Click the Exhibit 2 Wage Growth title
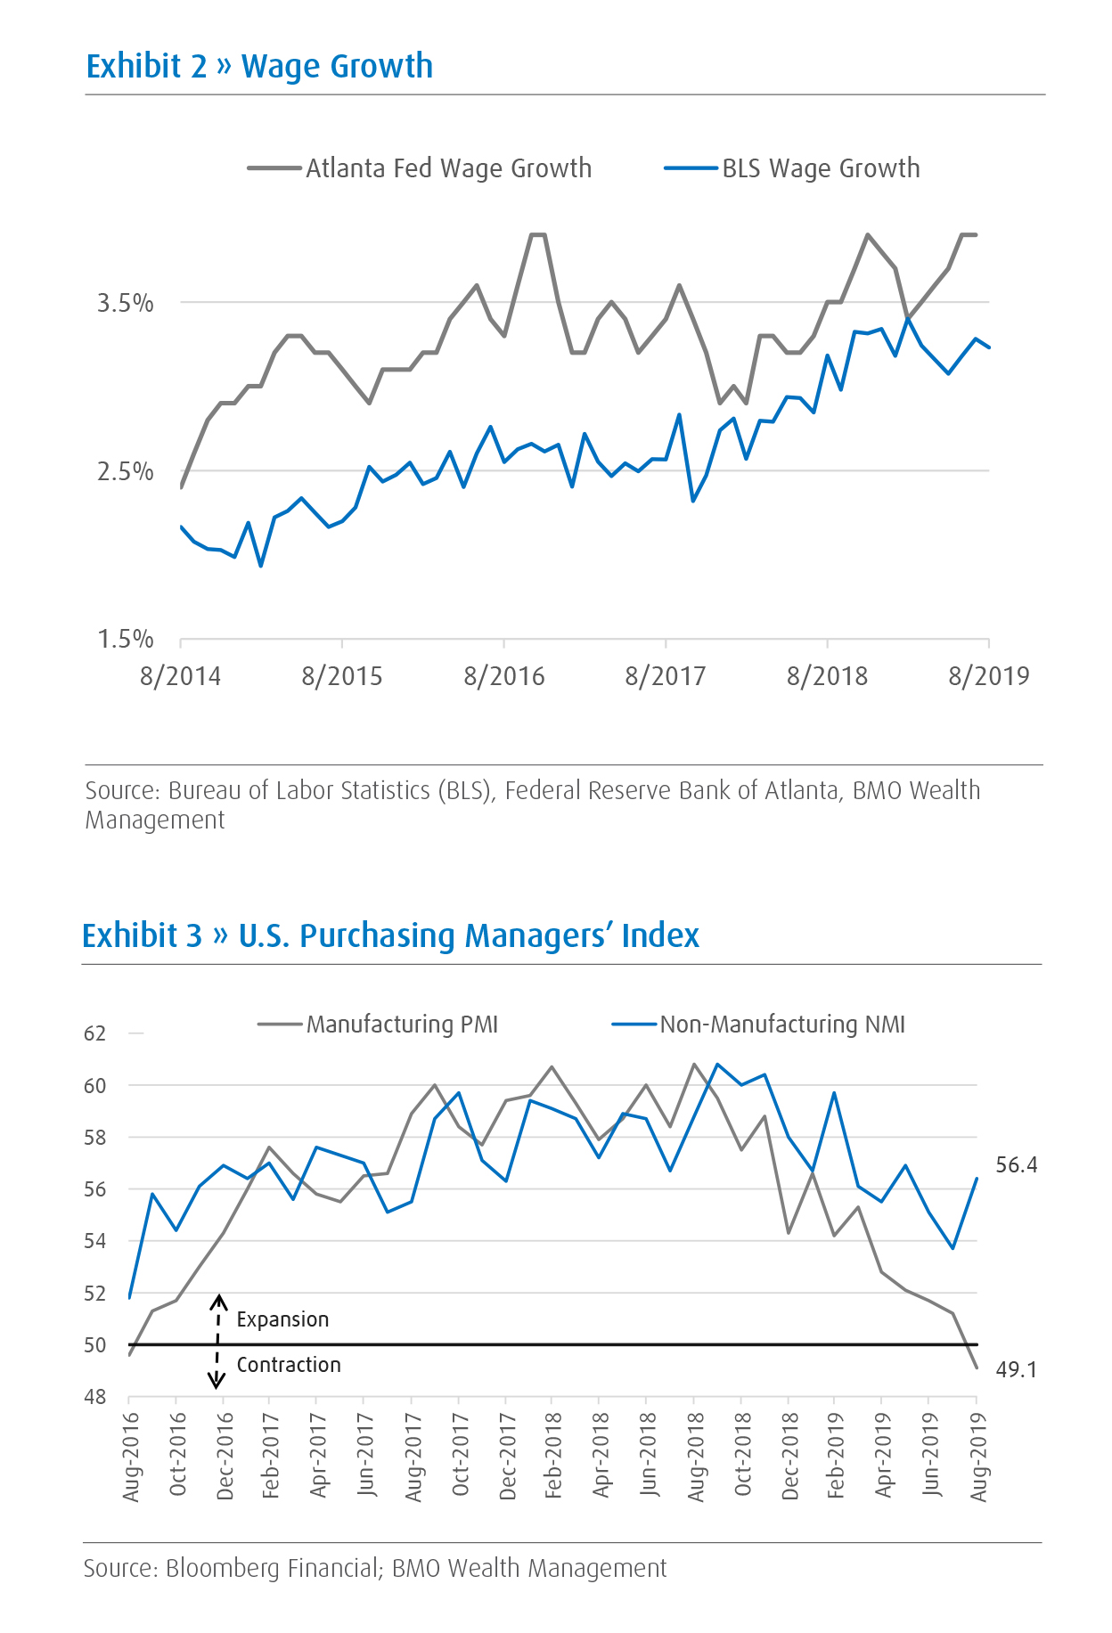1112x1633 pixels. click(259, 67)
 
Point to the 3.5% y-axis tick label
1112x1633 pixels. click(126, 304)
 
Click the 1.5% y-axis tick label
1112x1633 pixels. click(126, 640)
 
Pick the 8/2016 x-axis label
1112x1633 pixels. click(504, 677)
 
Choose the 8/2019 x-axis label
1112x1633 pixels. click(988, 677)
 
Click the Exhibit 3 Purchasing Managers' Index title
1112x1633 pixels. click(390, 936)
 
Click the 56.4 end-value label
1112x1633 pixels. click(1016, 1165)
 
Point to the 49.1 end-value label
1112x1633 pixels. click(1016, 1370)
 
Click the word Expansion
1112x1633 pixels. click(282, 1319)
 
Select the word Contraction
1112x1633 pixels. click(289, 1365)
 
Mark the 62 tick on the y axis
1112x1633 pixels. click(95, 1033)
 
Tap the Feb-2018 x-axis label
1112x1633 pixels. click(553, 1455)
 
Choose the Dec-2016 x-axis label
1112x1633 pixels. click(225, 1455)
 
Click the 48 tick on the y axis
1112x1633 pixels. click(95, 1397)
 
